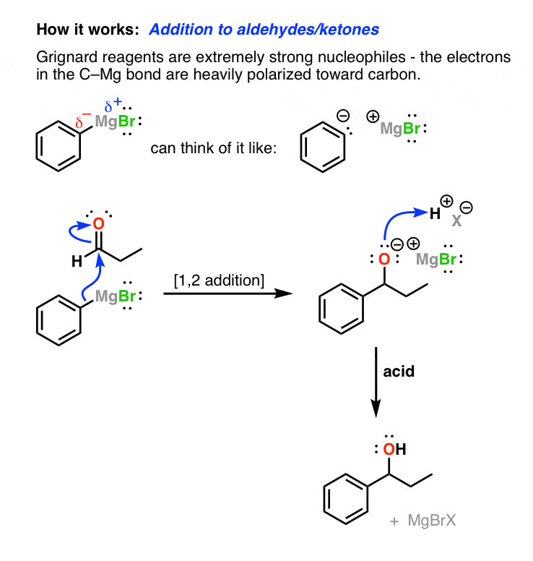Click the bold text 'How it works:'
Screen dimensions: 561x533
click(x=87, y=30)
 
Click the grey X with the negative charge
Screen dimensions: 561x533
click(x=456, y=218)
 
